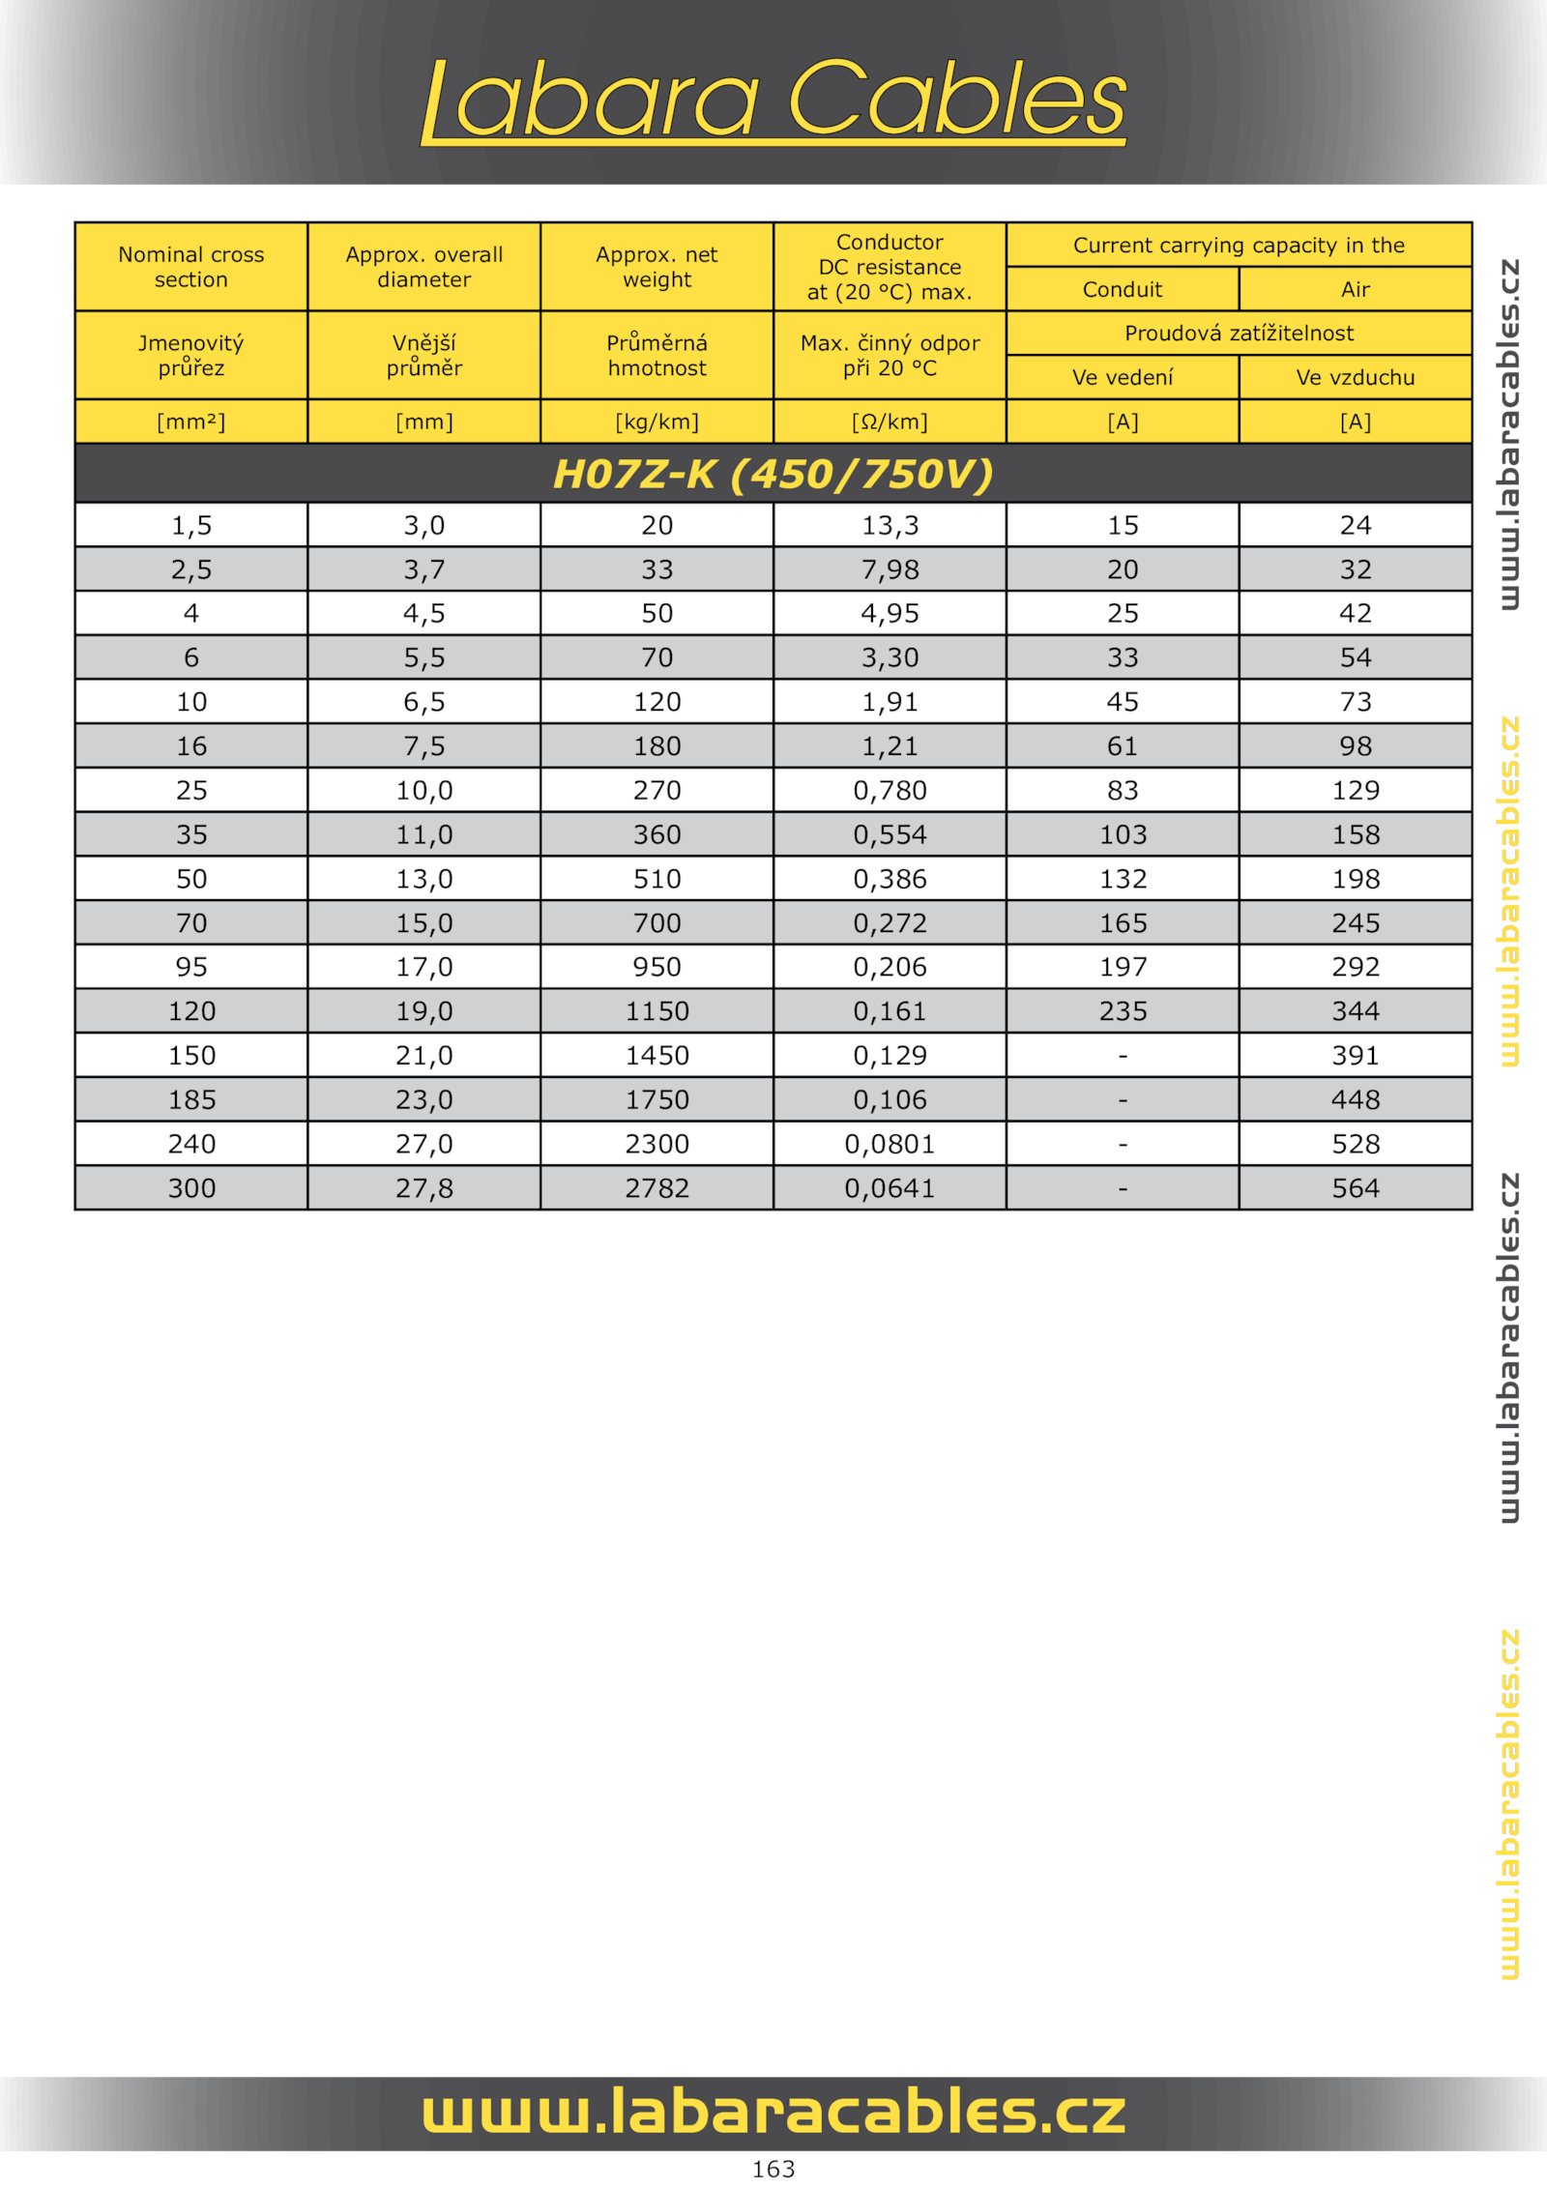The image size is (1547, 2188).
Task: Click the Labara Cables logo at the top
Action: [x=773, y=100]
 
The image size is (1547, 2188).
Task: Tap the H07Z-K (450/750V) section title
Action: [x=773, y=474]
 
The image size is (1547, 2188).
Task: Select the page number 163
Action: [x=773, y=2169]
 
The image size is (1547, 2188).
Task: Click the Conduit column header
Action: [x=1122, y=289]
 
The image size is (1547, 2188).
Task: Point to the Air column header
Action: [x=1355, y=289]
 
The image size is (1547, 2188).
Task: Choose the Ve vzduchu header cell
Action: [x=1355, y=377]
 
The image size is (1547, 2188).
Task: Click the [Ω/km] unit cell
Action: [x=890, y=422]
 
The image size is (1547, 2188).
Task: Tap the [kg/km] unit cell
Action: [x=657, y=422]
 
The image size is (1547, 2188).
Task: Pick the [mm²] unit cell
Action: [x=191, y=422]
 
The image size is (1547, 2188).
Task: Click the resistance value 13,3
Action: [x=890, y=525]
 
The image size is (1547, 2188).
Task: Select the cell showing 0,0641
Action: [x=890, y=1187]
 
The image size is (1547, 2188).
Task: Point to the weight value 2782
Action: [x=657, y=1187]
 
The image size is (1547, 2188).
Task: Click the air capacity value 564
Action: [x=1355, y=1187]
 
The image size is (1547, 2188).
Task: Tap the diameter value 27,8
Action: [x=424, y=1187]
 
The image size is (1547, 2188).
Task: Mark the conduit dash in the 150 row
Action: [x=1122, y=1056]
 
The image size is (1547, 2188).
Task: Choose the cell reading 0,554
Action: [x=890, y=834]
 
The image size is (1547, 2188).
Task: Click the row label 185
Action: [x=191, y=1099]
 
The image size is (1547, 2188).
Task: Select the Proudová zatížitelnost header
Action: [x=1239, y=333]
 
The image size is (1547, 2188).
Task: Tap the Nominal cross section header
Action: [x=191, y=267]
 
